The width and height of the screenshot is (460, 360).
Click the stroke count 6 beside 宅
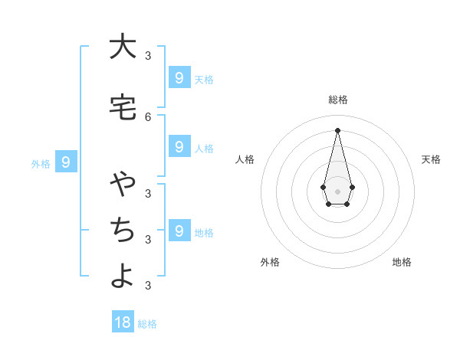[x=148, y=116]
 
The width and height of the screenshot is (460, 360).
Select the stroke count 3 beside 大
[x=148, y=55]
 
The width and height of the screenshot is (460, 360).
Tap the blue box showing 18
[x=123, y=322]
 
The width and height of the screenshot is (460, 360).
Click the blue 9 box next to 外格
[x=67, y=162]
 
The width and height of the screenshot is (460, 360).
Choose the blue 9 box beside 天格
[x=179, y=77]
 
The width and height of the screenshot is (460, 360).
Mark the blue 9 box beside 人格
[x=179, y=146]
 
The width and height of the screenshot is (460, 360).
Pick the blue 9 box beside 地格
[x=179, y=231]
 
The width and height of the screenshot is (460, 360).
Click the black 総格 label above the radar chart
[x=338, y=100]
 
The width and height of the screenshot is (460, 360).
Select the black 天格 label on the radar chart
[x=432, y=159]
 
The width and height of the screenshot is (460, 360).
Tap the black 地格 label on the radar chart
[x=402, y=262]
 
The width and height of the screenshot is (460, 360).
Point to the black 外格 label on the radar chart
[x=270, y=262]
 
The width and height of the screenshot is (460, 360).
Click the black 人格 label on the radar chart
[x=245, y=159]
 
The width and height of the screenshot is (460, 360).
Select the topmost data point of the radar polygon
[x=337, y=129]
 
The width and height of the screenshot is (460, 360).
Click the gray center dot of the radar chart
[x=337, y=191]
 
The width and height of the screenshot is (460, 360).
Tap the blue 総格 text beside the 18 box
[x=147, y=324]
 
